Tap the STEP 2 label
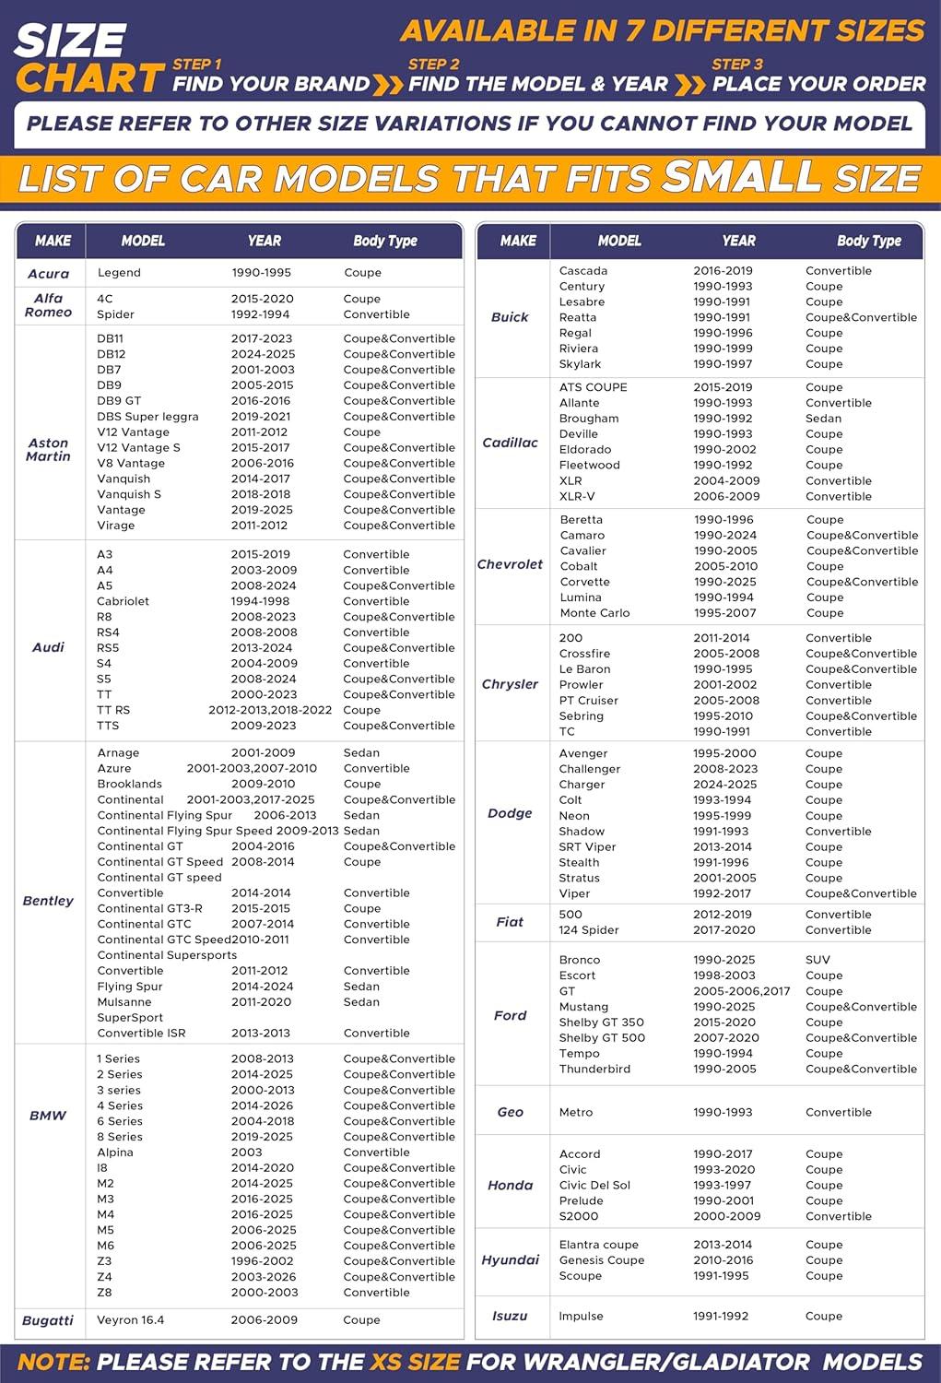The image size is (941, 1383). [x=433, y=64]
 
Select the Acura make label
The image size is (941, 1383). [x=48, y=274]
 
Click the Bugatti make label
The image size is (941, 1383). [x=48, y=1320]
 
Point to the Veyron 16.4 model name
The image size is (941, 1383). [x=130, y=1320]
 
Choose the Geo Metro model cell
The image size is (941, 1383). [x=576, y=1112]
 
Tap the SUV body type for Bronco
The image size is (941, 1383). [x=817, y=960]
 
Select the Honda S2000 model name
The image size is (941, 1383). [x=579, y=1216]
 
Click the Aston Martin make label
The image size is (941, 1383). [x=48, y=450]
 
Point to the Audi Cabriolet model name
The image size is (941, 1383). [x=123, y=601]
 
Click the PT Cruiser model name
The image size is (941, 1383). [x=588, y=701]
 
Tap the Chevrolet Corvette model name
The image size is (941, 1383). [x=584, y=582]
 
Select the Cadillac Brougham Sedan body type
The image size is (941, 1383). [x=823, y=419]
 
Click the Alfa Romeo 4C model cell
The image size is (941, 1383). [x=105, y=299]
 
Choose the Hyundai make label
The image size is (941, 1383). [x=510, y=1260]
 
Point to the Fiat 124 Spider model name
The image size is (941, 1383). [x=589, y=930]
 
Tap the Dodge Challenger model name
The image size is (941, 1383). [x=590, y=769]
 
